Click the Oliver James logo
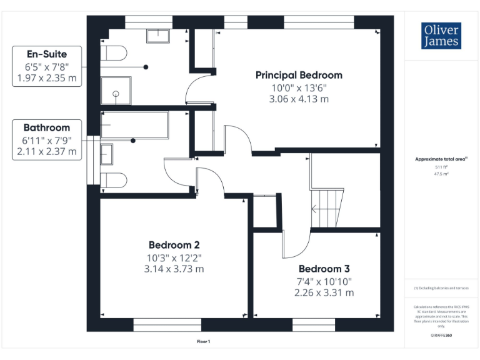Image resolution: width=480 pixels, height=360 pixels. tap(441, 36)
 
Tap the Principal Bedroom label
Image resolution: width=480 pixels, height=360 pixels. tap(299, 75)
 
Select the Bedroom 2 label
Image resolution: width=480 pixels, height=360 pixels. tap(174, 244)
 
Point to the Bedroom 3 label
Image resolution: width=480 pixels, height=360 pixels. tap(324, 269)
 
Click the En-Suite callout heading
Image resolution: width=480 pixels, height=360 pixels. tap(46, 54)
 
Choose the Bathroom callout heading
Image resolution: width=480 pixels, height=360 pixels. tap(47, 127)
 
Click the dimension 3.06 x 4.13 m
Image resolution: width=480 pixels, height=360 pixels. tap(299, 99)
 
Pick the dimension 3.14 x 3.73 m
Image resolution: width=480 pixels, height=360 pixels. tap(174, 269)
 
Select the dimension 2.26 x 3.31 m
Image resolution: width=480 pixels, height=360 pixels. tap(324, 292)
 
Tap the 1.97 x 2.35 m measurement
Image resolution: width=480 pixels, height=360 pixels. tap(46, 77)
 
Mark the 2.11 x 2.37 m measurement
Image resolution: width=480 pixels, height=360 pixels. tap(47, 151)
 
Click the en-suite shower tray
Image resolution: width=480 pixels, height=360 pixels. tap(116, 92)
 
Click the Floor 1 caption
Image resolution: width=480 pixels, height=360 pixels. tap(203, 341)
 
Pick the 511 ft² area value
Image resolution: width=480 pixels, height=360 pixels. tap(441, 167)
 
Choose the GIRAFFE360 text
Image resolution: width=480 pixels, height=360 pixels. tap(441, 336)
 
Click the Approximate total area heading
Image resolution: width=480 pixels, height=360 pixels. tap(441, 159)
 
